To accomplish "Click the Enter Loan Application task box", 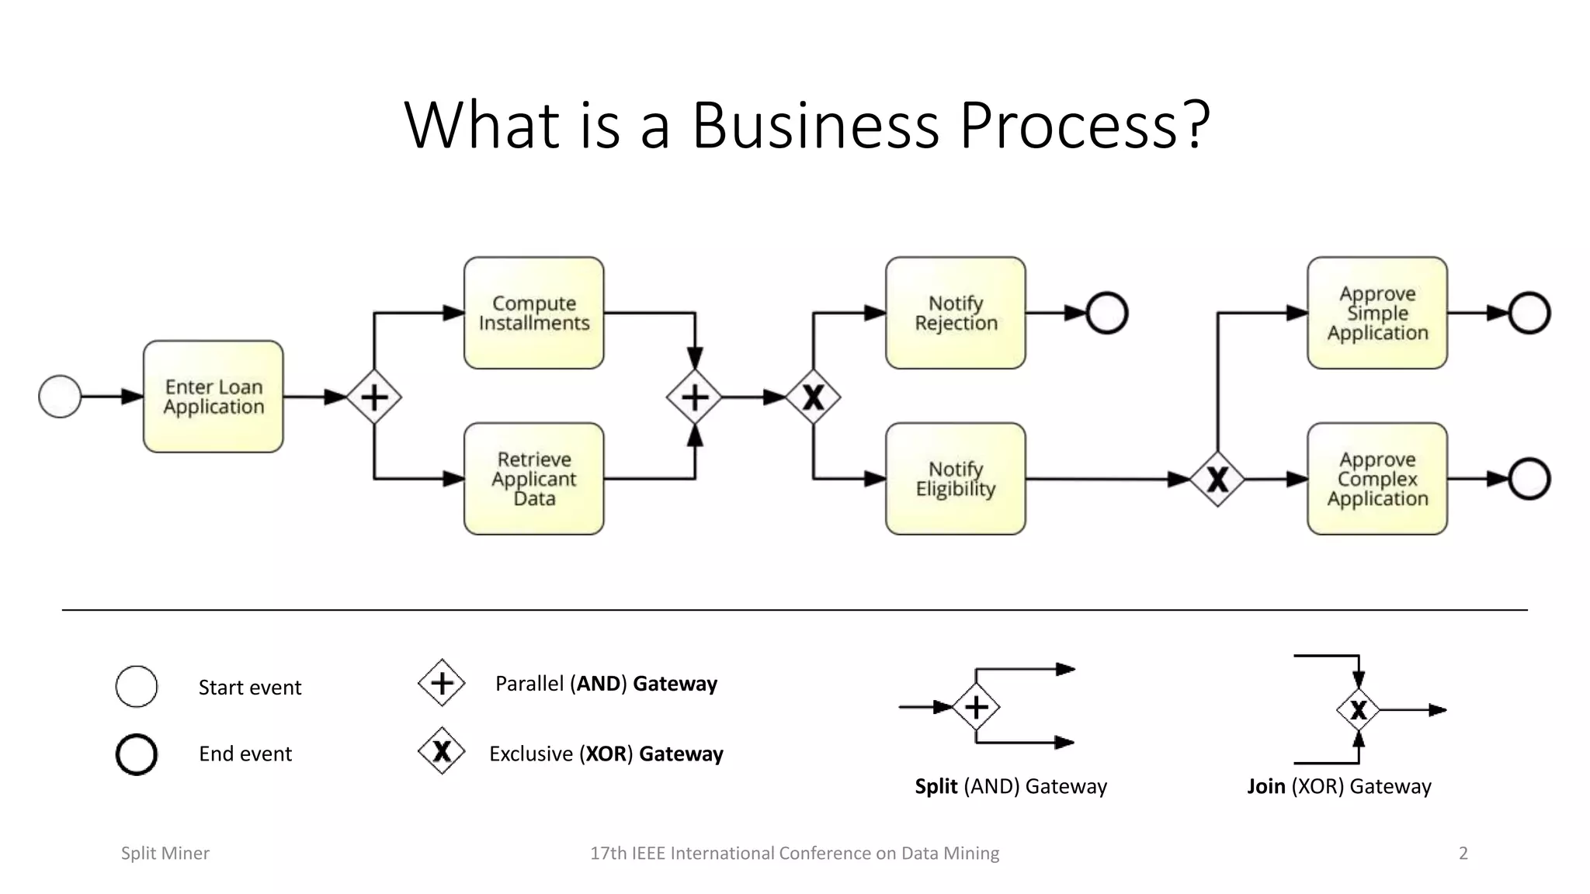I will point(214,397).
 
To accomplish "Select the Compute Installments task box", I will point(534,313).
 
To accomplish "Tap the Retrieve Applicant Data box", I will point(534,479).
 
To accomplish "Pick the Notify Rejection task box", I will point(956,313).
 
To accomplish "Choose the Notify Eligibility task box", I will point(956,479).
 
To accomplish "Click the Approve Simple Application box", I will point(1377,313).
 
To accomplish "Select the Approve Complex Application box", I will point(1377,479).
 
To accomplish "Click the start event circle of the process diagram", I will point(60,397).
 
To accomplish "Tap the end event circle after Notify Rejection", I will point(1106,314).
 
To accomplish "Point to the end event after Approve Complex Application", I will point(1529,479).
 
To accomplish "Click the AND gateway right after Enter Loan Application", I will point(374,397).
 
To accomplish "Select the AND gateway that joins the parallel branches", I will point(695,397).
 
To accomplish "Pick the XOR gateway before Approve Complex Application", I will point(1217,480).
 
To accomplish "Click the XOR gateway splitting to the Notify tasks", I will point(813,397).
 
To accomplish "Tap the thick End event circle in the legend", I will point(137,754).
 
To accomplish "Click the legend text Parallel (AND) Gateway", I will point(606,684).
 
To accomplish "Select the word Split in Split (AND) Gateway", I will point(936,786).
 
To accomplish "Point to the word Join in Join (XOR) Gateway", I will point(1265,786).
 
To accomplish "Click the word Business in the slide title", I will point(815,126).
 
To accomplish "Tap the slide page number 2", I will point(1463,853).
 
